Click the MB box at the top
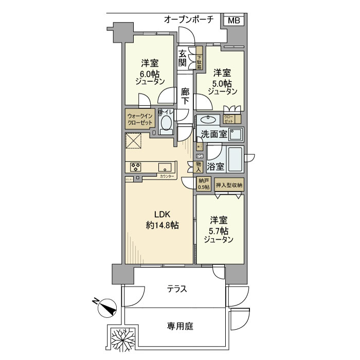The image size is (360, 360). (x=233, y=21)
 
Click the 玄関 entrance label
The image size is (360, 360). (x=183, y=58)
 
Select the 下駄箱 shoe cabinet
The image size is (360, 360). (x=200, y=58)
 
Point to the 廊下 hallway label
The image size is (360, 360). (x=185, y=97)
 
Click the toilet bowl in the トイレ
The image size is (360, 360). (x=166, y=123)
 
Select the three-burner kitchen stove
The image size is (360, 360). (x=136, y=166)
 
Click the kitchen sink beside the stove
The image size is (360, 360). (x=165, y=166)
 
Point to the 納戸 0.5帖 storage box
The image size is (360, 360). (x=204, y=185)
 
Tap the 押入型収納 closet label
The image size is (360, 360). (x=229, y=185)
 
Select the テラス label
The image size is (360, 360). (x=176, y=290)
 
